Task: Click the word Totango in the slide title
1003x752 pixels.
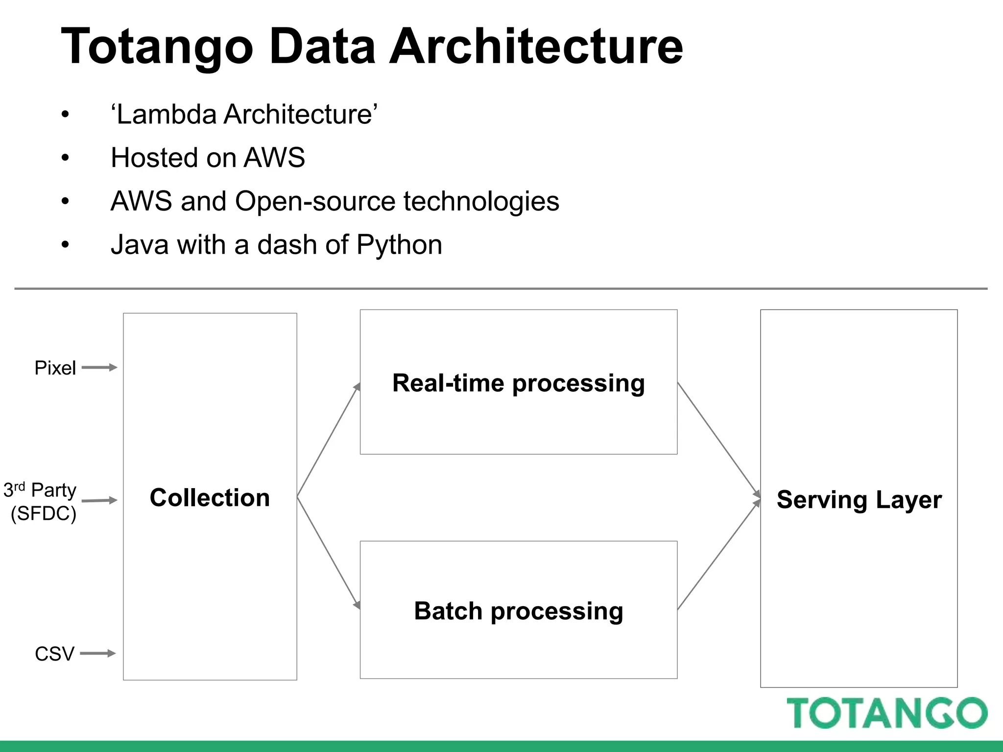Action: click(157, 47)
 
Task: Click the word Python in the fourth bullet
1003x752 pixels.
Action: click(399, 245)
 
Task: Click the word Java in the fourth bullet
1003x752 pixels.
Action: click(140, 245)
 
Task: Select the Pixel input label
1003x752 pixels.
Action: click(55, 368)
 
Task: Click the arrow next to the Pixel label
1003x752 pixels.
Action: click(99, 367)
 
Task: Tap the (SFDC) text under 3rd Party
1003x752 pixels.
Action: click(44, 514)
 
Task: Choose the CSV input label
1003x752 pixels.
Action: click(54, 654)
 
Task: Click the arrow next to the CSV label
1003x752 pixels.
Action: click(97, 653)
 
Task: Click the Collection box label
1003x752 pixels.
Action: click(210, 498)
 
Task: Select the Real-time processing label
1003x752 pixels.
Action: click(518, 383)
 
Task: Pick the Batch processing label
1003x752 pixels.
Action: click(518, 611)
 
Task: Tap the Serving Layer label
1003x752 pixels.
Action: click(859, 500)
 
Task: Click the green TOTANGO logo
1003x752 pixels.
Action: click(887, 713)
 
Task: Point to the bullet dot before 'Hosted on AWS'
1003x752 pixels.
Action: click(65, 158)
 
